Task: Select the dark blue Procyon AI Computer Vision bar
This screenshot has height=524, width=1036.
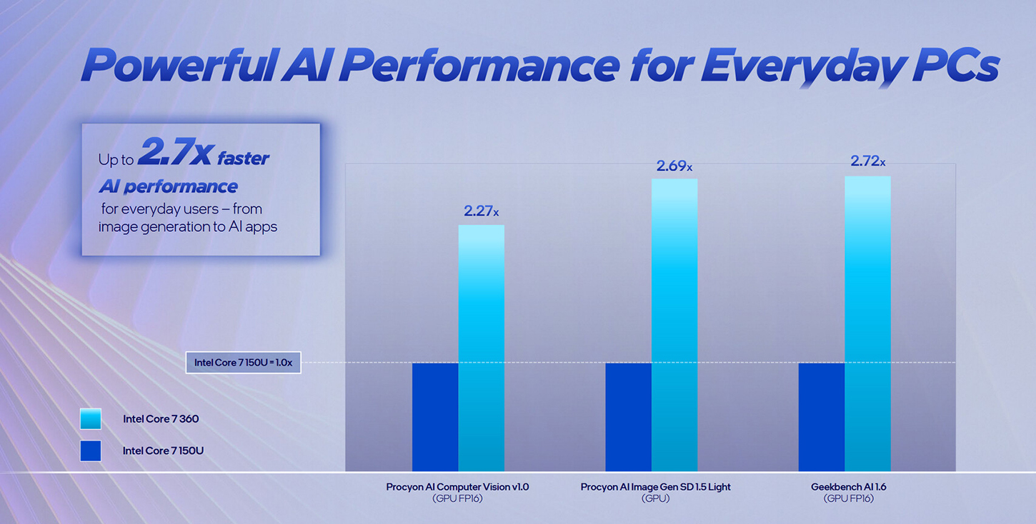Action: point(435,417)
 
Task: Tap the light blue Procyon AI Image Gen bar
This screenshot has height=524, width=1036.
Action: point(674,325)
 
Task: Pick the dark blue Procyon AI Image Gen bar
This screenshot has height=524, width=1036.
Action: point(628,417)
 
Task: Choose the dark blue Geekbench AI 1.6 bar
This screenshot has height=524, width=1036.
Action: point(821,417)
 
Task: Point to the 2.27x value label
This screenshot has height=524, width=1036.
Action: point(481,211)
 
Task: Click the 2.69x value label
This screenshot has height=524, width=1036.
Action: point(674,166)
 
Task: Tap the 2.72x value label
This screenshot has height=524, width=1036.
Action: point(867,162)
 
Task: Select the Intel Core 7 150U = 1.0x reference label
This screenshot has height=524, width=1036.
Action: point(243,363)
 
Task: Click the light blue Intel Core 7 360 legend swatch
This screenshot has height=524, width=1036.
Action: point(91,419)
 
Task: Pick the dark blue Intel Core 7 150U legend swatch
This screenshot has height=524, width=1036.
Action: point(91,450)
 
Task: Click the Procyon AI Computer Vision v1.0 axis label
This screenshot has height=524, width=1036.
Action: point(457,487)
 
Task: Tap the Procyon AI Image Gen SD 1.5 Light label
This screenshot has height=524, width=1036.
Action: point(655,487)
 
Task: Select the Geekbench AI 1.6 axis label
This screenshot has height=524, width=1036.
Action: point(848,487)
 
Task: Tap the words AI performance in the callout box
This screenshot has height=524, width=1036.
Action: point(168,187)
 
